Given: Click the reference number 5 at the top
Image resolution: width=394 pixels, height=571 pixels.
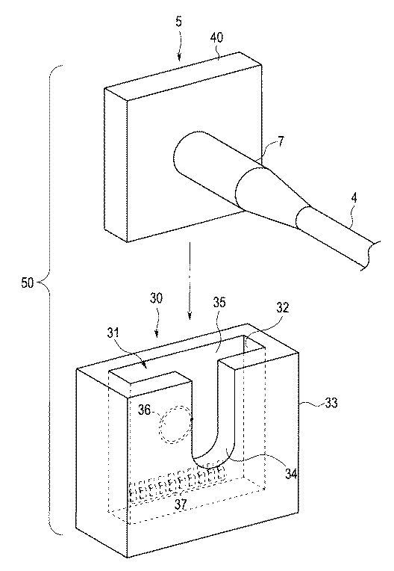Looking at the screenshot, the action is (178, 22).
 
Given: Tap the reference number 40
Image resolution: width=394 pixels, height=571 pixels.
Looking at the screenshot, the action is (216, 37).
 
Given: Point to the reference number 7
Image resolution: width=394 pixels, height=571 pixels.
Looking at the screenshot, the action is (281, 141).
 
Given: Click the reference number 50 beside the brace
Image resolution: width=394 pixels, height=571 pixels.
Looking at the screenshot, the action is (28, 283).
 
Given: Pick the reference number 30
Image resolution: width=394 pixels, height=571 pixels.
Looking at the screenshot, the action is (156, 298).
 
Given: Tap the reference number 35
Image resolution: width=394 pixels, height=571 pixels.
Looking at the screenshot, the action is (219, 303).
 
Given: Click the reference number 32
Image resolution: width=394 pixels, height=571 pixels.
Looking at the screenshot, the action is (282, 307).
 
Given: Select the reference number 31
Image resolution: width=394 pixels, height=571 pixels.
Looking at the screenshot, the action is (115, 333).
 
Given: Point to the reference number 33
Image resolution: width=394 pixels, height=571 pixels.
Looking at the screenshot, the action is (330, 402).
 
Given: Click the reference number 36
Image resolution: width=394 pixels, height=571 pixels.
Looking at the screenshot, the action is (145, 410).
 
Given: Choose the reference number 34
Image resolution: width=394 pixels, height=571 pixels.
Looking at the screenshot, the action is (291, 474).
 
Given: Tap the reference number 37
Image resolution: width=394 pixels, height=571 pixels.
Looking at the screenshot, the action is (181, 504).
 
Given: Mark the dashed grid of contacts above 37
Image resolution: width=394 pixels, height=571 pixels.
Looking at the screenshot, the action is (178, 484).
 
